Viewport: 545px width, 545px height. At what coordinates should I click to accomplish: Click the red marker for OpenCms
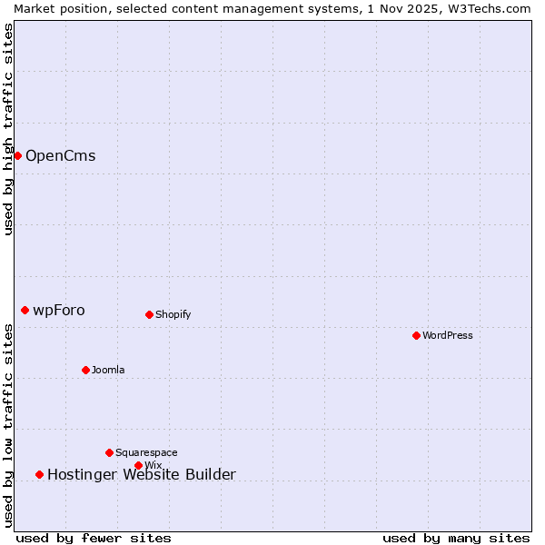(17, 155)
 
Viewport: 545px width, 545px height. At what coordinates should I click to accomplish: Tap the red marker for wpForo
(25, 310)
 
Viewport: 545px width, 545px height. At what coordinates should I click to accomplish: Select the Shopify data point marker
(149, 314)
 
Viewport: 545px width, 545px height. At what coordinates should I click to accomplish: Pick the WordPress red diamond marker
(416, 335)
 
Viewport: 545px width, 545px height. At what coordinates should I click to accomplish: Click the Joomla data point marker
(85, 370)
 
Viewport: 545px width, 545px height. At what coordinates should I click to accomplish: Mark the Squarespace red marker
(109, 452)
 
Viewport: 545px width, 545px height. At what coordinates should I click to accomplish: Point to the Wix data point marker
(138, 465)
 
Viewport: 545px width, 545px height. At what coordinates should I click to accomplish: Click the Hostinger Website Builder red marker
(39, 474)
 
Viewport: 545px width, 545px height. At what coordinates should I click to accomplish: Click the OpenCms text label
(60, 155)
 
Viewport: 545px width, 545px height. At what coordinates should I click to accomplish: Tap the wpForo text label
(59, 310)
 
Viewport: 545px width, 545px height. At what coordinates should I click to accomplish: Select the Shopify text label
(173, 314)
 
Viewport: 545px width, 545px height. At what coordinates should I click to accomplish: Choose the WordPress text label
(448, 335)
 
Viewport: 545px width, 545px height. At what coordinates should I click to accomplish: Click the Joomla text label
(108, 370)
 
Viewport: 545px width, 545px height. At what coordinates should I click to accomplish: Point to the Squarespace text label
(146, 452)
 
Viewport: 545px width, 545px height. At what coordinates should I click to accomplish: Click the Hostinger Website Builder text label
(141, 474)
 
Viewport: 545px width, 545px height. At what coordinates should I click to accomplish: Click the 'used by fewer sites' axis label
(94, 538)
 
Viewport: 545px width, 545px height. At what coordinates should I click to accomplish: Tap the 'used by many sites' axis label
(456, 538)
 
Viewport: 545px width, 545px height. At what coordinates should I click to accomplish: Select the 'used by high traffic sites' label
(8, 129)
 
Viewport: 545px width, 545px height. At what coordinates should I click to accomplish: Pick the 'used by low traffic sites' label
(8, 425)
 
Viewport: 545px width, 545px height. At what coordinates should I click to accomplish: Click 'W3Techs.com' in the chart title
(494, 8)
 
